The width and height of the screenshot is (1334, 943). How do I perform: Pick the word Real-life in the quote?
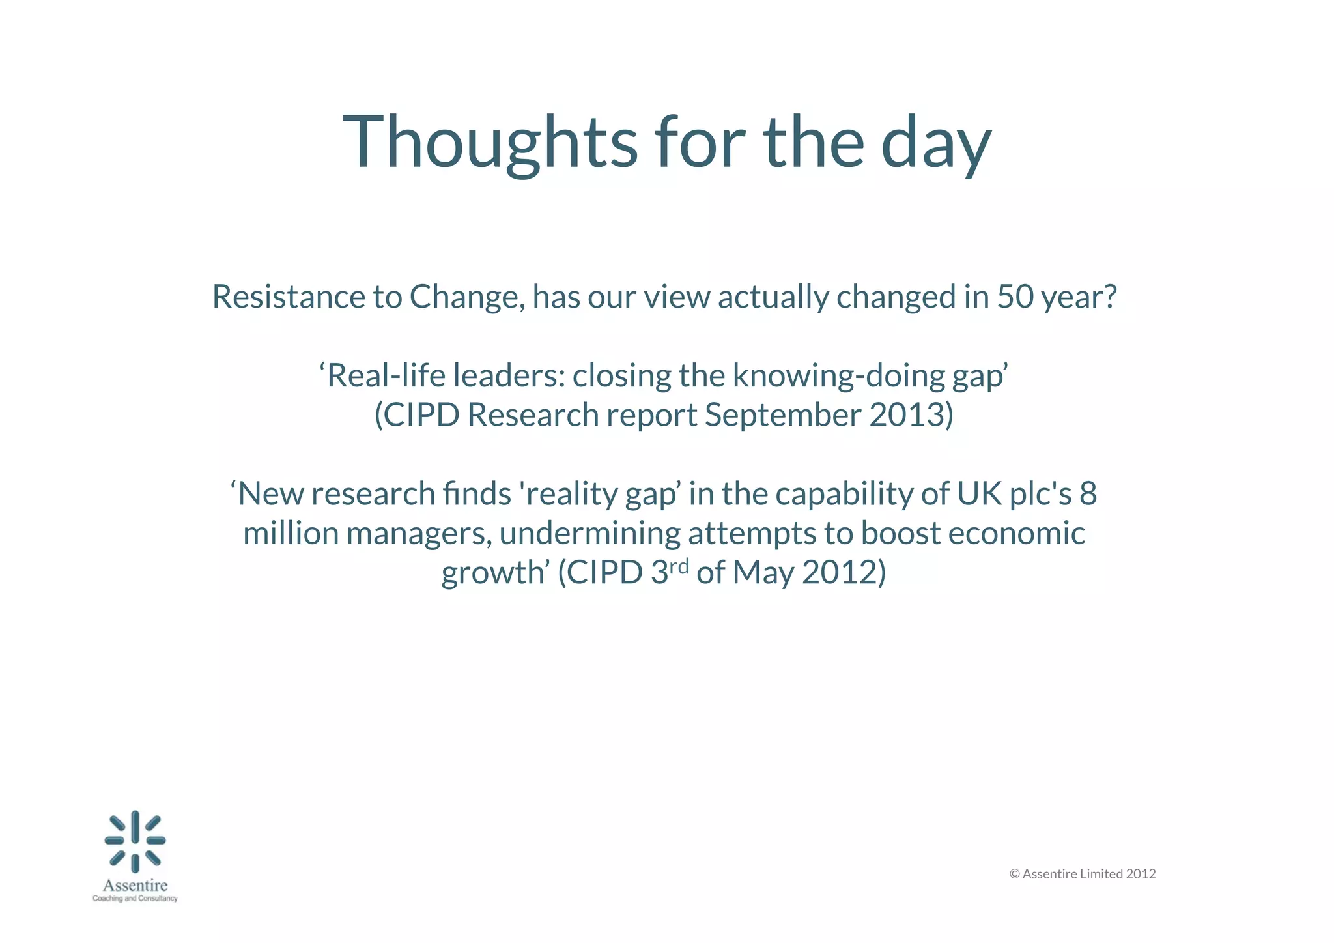coord(385,375)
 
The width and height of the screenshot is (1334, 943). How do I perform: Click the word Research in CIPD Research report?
coord(532,415)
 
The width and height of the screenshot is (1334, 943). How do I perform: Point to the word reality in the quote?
coord(571,494)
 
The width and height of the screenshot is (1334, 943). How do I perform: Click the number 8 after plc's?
coord(1088,493)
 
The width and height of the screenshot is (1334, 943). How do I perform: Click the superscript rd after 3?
coord(679,566)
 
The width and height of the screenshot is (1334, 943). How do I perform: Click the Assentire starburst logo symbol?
coord(135,841)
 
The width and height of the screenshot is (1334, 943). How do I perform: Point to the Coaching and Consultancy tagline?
coord(135,899)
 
